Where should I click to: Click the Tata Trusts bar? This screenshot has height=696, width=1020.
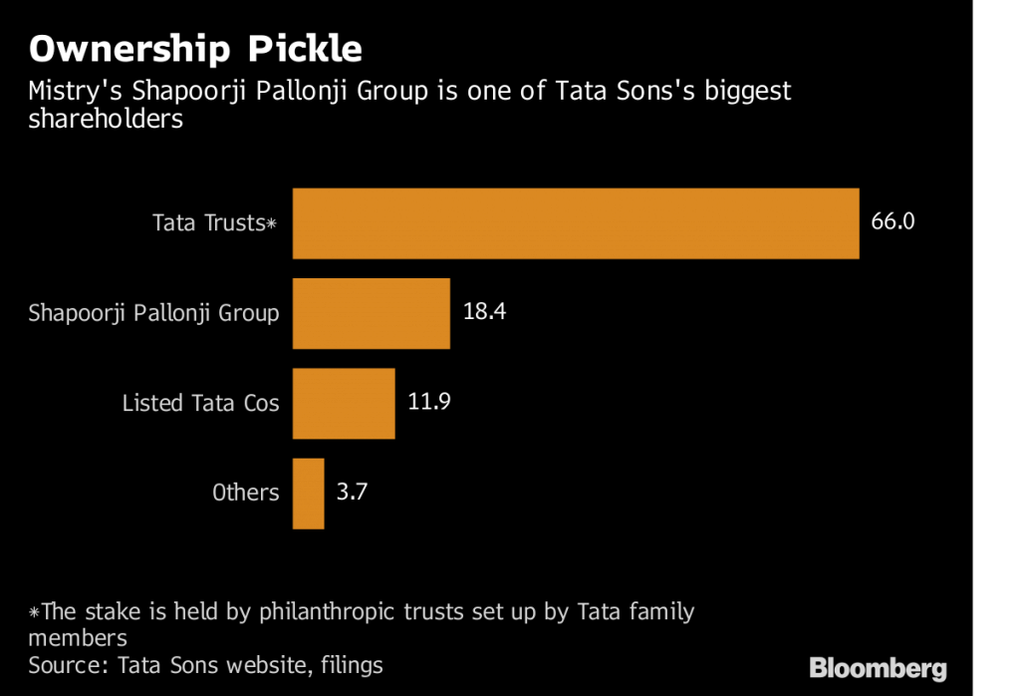click(x=575, y=223)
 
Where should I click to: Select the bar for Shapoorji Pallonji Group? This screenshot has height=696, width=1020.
click(x=371, y=313)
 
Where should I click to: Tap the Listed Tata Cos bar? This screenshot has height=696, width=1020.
click(x=344, y=403)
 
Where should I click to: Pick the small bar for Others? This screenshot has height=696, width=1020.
click(x=308, y=493)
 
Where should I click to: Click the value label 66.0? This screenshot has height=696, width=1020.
click(x=892, y=221)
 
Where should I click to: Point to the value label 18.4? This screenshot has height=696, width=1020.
click(x=485, y=311)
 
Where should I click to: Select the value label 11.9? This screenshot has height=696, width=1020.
click(x=430, y=402)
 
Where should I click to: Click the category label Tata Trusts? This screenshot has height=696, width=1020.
click(x=207, y=222)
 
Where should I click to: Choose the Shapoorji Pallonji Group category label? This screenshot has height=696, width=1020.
click(x=153, y=313)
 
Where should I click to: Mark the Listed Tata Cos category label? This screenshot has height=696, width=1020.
click(x=200, y=403)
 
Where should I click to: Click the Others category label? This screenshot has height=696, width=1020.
click(x=245, y=493)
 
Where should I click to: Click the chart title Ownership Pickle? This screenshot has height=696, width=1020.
click(x=194, y=49)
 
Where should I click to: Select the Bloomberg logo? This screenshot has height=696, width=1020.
click(x=878, y=667)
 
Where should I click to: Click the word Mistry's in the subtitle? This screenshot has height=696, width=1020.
click(x=68, y=92)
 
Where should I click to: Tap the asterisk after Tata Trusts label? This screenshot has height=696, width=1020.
click(x=270, y=224)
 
